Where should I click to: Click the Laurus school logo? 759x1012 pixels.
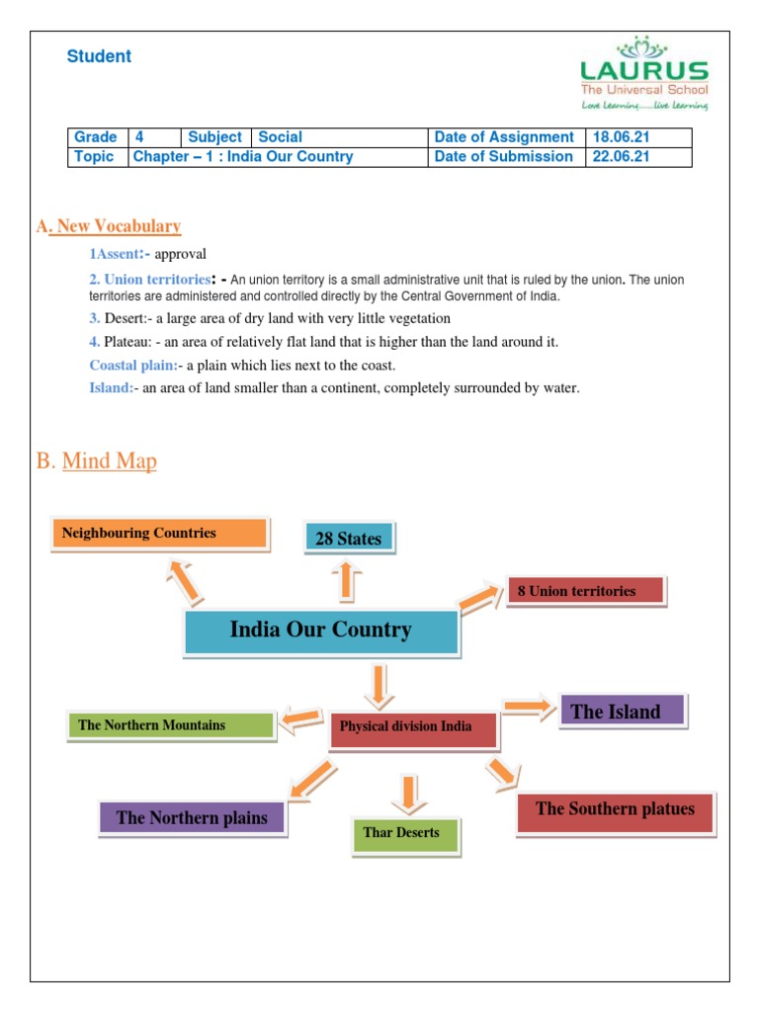(x=643, y=74)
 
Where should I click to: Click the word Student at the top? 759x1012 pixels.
(x=99, y=56)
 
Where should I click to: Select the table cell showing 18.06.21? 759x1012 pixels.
(x=637, y=137)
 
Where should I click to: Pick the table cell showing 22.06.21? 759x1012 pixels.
(x=637, y=156)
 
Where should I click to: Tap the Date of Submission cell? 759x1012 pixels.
(x=504, y=156)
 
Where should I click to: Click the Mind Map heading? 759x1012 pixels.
(x=109, y=461)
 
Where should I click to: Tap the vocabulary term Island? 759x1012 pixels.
(x=111, y=387)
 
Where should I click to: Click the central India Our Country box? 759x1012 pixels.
(x=321, y=631)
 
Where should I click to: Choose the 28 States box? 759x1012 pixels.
(x=349, y=539)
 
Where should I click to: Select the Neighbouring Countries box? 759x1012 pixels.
(x=158, y=534)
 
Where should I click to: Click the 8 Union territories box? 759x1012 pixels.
(x=585, y=591)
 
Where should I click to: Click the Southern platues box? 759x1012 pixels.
(x=615, y=809)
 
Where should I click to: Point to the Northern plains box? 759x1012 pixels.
(x=192, y=817)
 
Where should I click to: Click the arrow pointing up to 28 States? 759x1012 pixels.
(x=347, y=581)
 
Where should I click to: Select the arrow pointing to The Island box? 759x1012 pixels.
(x=529, y=706)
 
